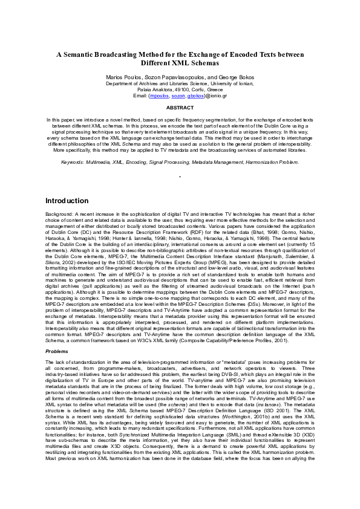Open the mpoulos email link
click(159, 96)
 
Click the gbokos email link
click(195, 96)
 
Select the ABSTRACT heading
click(180, 108)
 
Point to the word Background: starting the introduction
click(59, 215)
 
